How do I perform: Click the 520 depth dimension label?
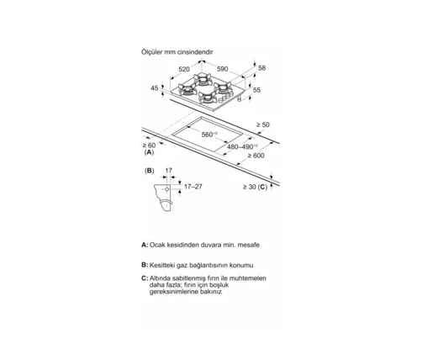(184, 69)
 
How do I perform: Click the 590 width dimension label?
(223, 69)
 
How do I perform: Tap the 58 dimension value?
(261, 68)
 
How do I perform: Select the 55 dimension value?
(256, 90)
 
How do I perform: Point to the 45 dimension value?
(155, 88)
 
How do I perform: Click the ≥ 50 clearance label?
(263, 124)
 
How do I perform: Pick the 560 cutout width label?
(209, 135)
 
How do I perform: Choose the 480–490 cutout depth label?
(242, 146)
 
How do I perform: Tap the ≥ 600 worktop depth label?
(256, 156)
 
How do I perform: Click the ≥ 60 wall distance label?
(149, 146)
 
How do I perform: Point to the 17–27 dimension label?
(193, 187)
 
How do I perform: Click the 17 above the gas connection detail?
(168, 171)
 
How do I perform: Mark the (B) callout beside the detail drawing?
(149, 171)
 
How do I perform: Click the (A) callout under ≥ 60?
(149, 152)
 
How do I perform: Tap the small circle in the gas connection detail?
(167, 189)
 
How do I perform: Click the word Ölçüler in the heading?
(152, 52)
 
